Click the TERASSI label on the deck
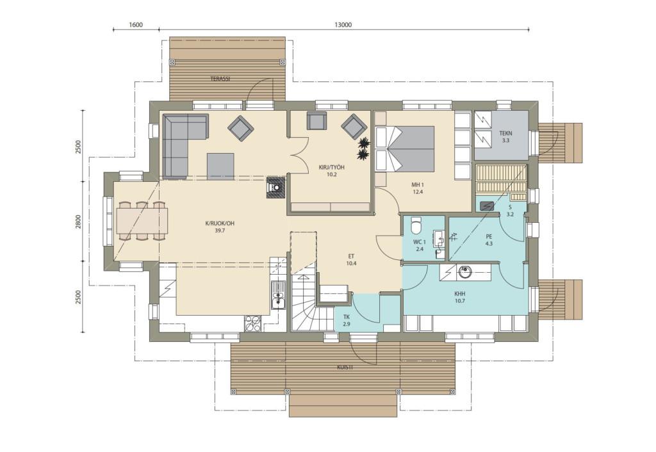220,79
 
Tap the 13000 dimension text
343,25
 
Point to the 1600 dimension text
136,25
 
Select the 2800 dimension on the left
78,222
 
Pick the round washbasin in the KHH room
465,272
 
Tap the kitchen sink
277,295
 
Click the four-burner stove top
252,323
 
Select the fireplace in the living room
276,188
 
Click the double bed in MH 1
405,149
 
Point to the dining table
142,221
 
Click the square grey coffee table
220,166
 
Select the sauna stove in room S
487,206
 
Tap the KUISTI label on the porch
345,367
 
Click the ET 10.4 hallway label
351,260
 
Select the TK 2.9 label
347,320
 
